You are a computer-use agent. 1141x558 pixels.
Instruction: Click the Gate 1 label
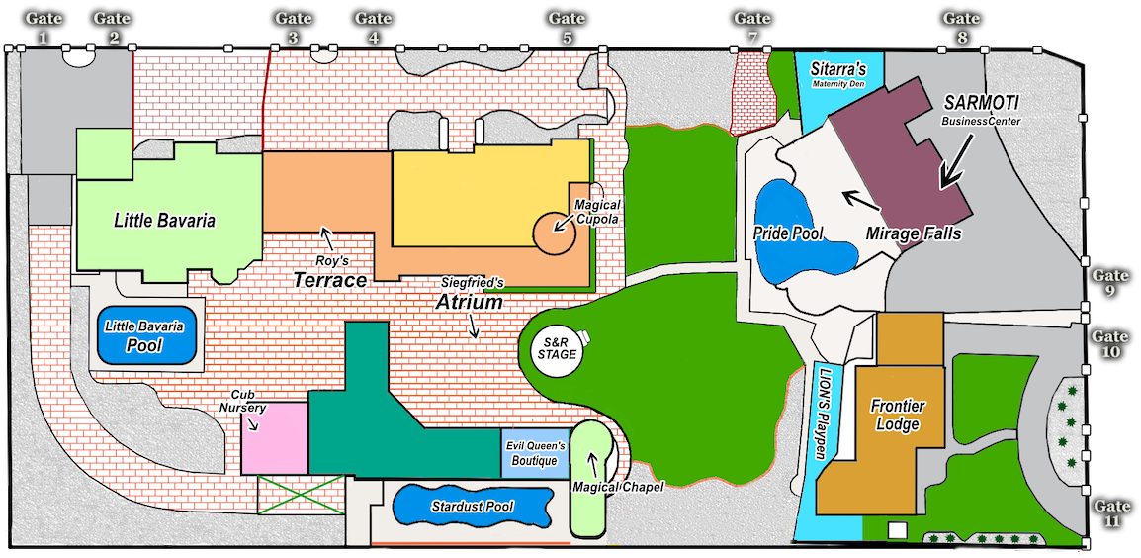click(x=43, y=28)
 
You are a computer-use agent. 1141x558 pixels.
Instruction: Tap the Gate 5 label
click(x=567, y=28)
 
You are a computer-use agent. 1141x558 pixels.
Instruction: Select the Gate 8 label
click(x=961, y=28)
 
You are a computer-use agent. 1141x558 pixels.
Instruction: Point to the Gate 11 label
click(x=1111, y=512)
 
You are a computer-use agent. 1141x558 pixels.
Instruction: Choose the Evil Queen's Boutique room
click(x=535, y=453)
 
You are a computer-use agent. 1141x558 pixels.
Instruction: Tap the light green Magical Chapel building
click(x=592, y=480)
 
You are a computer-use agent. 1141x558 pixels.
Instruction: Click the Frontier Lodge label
click(x=897, y=416)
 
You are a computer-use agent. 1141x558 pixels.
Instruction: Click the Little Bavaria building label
click(x=164, y=220)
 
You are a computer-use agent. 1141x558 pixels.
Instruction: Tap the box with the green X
click(x=301, y=494)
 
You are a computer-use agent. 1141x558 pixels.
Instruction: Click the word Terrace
click(x=329, y=280)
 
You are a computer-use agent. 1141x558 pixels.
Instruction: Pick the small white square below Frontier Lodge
click(x=897, y=530)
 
